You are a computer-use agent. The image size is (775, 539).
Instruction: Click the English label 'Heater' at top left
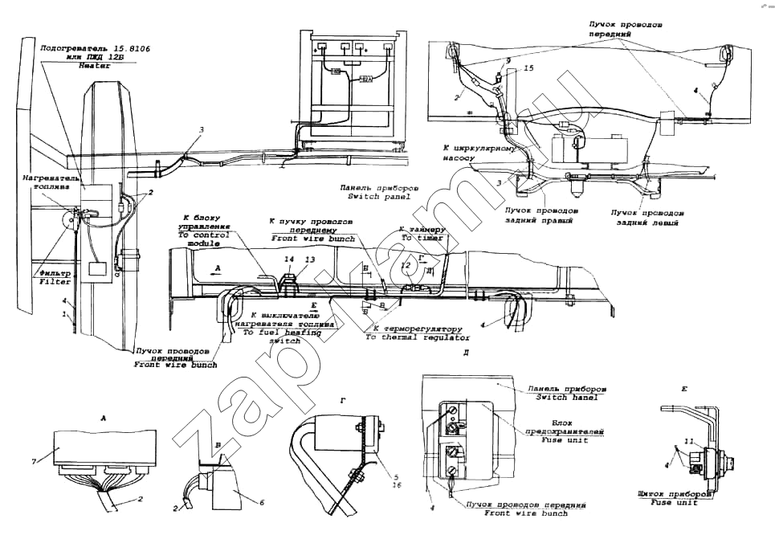click(94, 67)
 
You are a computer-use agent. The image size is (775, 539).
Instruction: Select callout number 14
click(289, 259)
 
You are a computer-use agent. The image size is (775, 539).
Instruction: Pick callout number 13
click(309, 259)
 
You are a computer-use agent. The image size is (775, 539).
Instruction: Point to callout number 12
click(406, 263)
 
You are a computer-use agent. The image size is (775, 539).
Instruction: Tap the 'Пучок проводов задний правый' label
click(538, 215)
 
